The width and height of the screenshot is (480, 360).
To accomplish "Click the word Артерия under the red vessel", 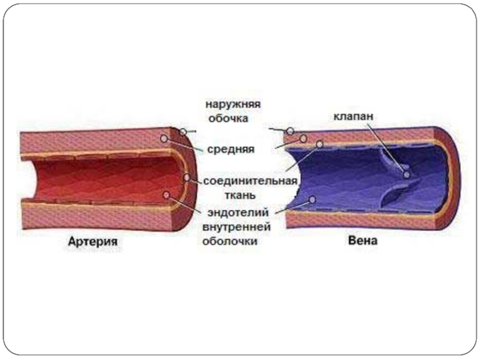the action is point(92,243).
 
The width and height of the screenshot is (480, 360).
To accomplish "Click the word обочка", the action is point(228,118).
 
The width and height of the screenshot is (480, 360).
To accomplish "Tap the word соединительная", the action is point(251,181).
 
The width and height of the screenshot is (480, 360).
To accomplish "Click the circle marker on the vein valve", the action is point(407,175).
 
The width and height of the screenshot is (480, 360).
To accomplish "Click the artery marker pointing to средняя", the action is point(163,139).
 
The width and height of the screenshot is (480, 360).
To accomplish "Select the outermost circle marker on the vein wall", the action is point(290,131).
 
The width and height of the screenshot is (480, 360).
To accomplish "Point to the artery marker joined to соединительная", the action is point(188,178).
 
